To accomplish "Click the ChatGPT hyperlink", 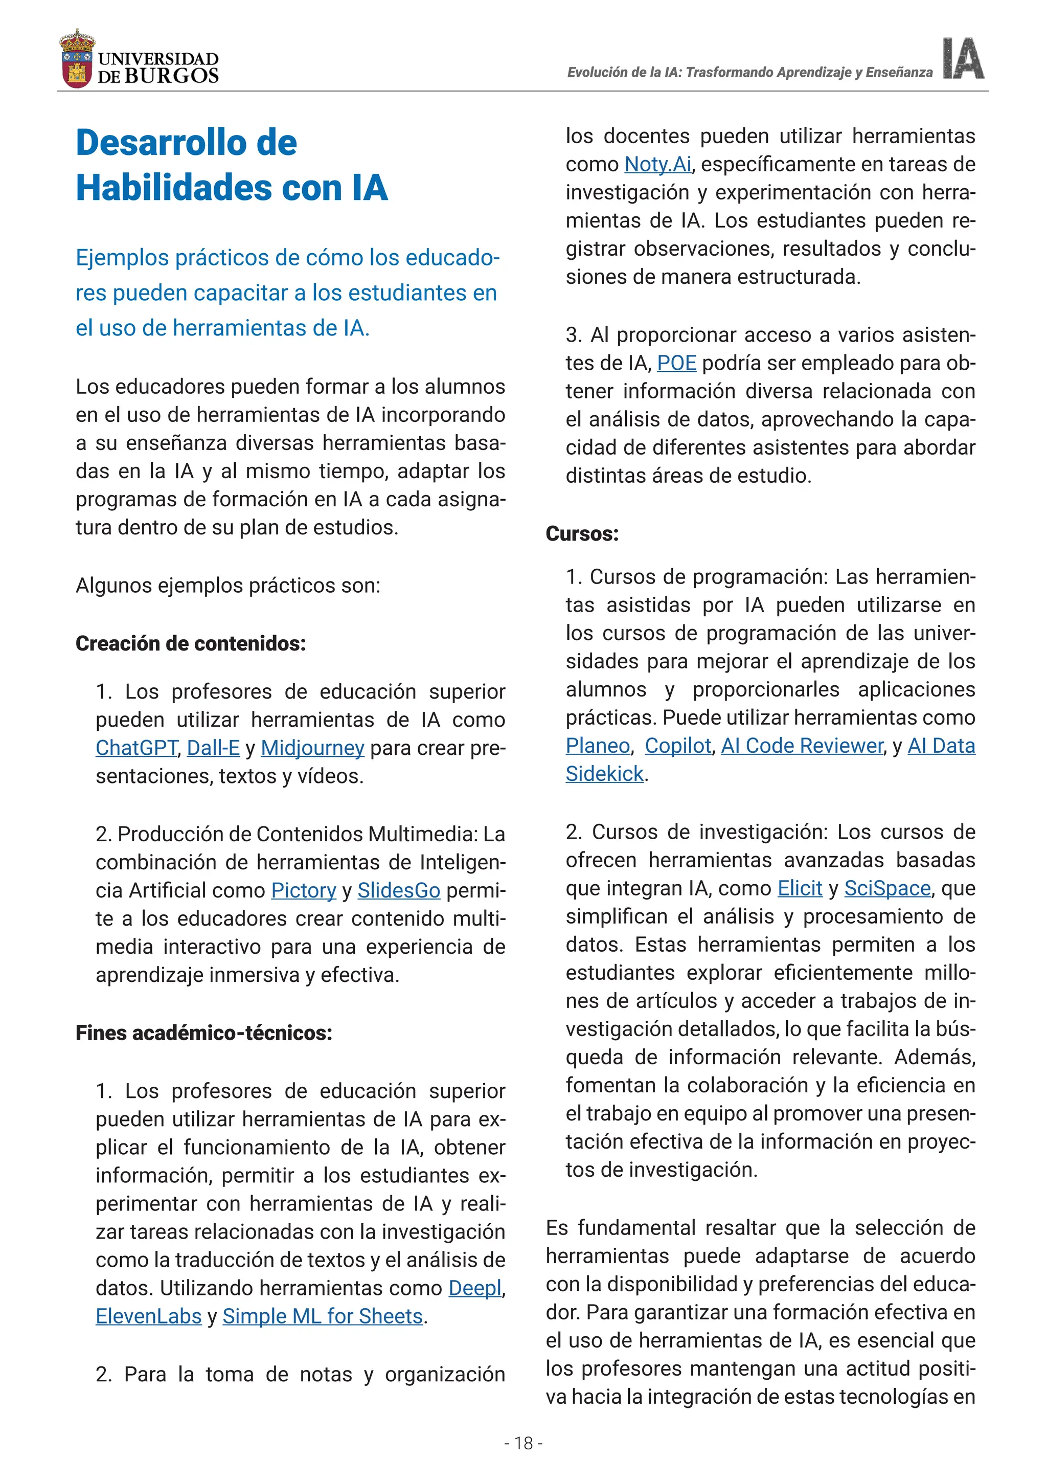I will [136, 748].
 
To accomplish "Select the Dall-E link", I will [213, 748].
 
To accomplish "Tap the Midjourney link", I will [313, 748].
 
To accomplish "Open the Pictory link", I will [304, 890].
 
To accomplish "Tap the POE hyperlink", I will [676, 363].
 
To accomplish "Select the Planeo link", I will [598, 746].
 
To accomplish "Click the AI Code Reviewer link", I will [802, 746].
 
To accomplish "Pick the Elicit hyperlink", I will [800, 888].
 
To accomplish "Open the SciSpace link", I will [887, 888].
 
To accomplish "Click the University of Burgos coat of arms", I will [77, 59].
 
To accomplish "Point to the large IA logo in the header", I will [963, 59].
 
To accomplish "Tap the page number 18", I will [523, 1443].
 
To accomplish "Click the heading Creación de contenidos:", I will [190, 643].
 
